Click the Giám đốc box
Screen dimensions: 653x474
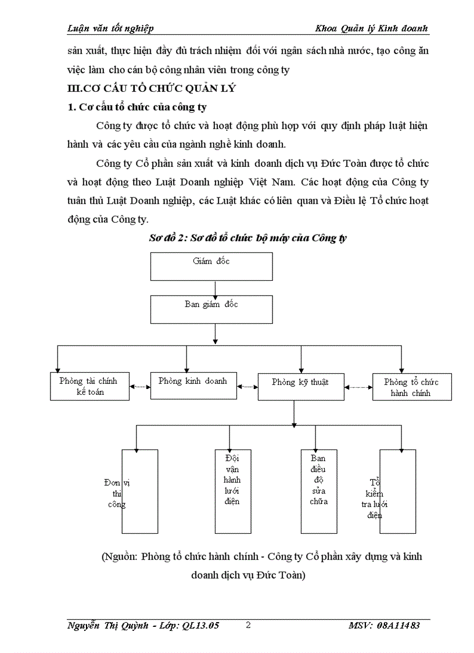211,266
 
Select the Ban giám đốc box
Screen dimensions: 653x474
211,309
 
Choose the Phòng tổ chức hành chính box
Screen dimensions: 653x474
411,387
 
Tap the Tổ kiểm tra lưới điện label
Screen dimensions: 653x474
375,498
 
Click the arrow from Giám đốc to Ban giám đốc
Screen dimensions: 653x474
216,288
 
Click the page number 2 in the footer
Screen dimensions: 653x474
248,625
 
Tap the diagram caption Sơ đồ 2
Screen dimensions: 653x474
249,238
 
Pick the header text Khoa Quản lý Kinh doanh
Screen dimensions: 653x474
372,28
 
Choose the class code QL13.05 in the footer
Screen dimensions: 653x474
200,626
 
